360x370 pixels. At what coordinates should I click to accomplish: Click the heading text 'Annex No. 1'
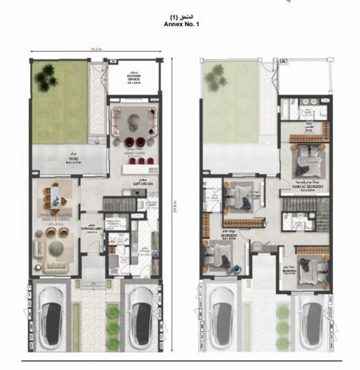point(181,24)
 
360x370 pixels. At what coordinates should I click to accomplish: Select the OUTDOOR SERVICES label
point(134,78)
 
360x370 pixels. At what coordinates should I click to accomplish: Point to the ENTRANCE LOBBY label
point(92,229)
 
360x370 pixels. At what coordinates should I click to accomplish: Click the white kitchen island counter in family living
point(140,169)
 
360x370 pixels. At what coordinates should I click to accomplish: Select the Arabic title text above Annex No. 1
point(181,17)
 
